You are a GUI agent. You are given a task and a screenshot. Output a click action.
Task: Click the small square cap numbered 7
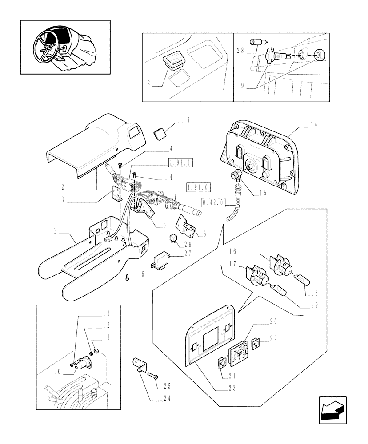coord(160,133)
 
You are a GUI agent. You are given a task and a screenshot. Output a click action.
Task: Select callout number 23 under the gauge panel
coord(232,388)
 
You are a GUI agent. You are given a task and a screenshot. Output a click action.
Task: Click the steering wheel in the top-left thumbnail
coord(47,44)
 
